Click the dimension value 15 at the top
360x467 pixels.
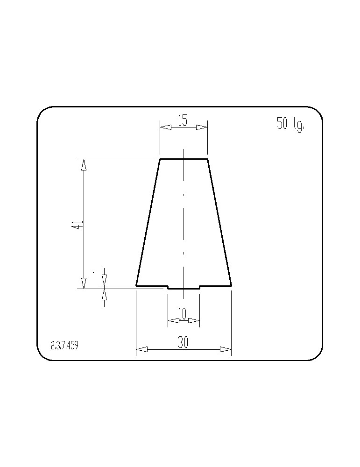pos(183,120)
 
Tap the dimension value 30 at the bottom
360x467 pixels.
pos(183,342)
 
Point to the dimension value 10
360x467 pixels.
pos(182,314)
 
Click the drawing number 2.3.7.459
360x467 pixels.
pos(64,346)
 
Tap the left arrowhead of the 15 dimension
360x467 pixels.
pos(166,127)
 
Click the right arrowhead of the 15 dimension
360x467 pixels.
pos(202,127)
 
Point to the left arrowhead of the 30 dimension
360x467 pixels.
pos(142,349)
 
